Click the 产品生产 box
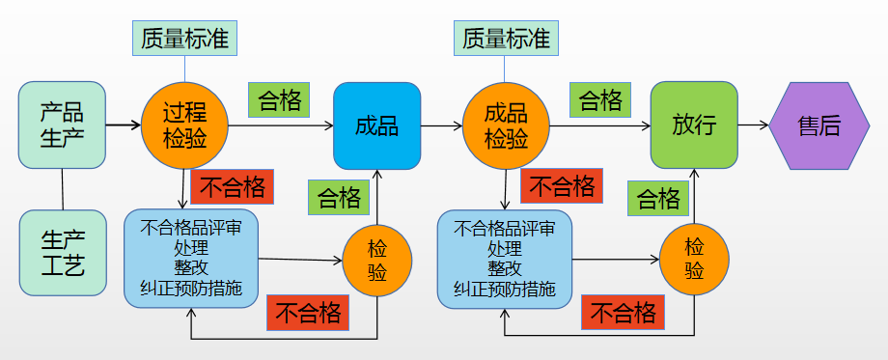pyautogui.click(x=62, y=125)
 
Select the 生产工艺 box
pyautogui.click(x=62, y=253)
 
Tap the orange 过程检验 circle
pyautogui.click(x=184, y=125)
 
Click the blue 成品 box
pyautogui.click(x=376, y=125)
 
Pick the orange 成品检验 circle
pyautogui.click(x=506, y=125)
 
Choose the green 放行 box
pyautogui.click(x=694, y=125)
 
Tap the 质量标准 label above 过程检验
pyautogui.click(x=184, y=39)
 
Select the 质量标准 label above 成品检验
pyautogui.click(x=506, y=39)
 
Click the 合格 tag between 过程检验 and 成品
pyautogui.click(x=281, y=99)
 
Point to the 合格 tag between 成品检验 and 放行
pyautogui.click(x=599, y=99)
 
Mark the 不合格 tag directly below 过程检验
pyautogui.click(x=233, y=186)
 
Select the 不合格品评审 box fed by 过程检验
pyautogui.click(x=191, y=258)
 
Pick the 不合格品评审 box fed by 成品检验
pyautogui.click(x=504, y=258)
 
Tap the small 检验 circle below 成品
pyautogui.click(x=377, y=260)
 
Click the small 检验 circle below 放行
pyautogui.click(x=694, y=259)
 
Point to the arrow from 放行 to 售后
pyautogui.click(x=753, y=125)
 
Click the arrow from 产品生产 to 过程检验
pyautogui.click(x=123, y=125)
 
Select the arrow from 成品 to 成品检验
pyautogui.click(x=440, y=125)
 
